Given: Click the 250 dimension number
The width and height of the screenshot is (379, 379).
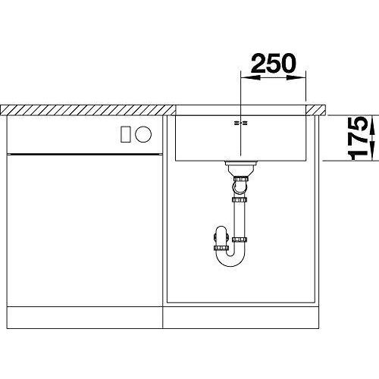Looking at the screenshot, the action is tap(274, 63).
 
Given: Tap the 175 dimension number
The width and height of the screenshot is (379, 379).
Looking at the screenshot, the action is tap(358, 138).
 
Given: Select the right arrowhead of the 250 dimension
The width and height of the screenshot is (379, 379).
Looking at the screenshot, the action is tap(296, 78).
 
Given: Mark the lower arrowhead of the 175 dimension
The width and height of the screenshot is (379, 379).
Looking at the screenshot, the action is tap(372, 151).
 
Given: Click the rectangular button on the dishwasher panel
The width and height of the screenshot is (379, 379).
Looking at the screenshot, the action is tap(126, 134).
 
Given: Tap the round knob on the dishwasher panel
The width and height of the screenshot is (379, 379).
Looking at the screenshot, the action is tap(143, 133).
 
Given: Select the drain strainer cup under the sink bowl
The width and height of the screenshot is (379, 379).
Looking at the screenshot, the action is tap(241, 168).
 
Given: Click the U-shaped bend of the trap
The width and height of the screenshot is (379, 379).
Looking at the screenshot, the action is tap(230, 261).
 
